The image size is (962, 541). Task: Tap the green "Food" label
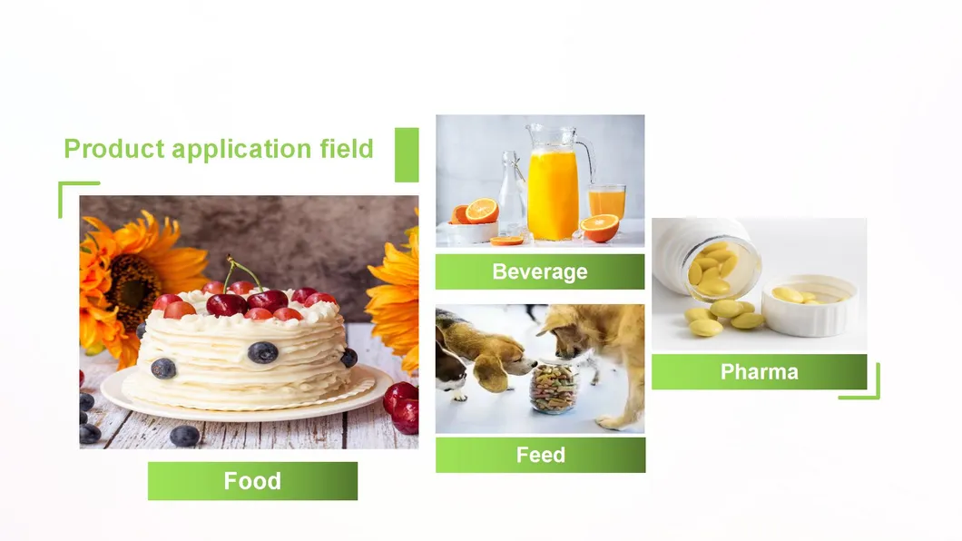point(252,481)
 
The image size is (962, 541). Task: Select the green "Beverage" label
point(540,271)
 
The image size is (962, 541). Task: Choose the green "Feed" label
point(540,455)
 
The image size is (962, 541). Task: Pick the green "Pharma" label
point(759,371)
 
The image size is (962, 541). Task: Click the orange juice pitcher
point(553,191)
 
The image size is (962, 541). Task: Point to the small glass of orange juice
point(606,202)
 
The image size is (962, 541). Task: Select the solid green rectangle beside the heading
point(407,154)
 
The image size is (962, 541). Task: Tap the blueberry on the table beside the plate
point(184,436)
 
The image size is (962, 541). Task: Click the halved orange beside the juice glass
point(600,227)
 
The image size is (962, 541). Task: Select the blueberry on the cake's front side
point(263,352)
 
